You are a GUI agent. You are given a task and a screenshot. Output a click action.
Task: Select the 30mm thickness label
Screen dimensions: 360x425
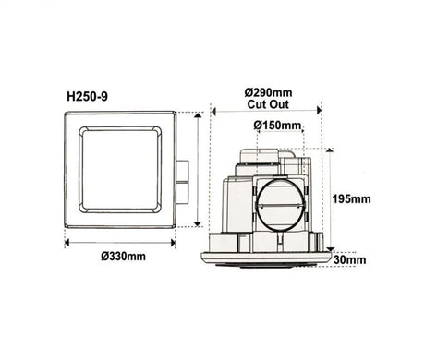pyautogui.click(x=351, y=260)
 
